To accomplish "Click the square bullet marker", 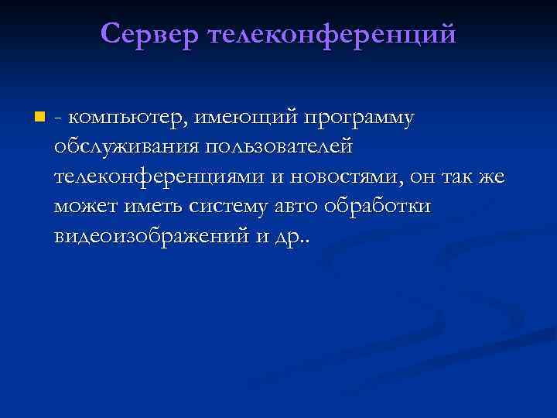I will (39, 118).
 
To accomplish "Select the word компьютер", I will (127, 117).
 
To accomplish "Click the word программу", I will (359, 117).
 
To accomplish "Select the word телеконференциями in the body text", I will (160, 176).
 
